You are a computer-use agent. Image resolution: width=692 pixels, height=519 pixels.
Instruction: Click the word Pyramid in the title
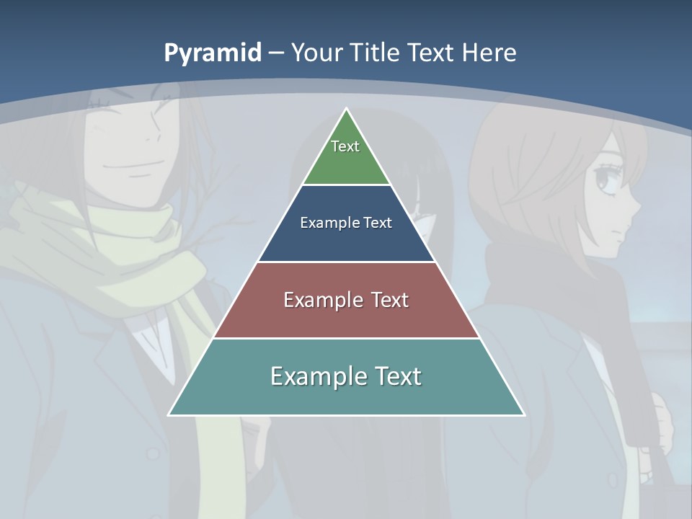213,53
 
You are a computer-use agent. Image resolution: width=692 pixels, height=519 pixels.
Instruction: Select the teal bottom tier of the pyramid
346,396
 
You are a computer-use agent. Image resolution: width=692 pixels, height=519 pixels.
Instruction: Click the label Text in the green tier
345,146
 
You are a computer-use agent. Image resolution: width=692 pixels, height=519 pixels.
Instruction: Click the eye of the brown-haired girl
604,180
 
